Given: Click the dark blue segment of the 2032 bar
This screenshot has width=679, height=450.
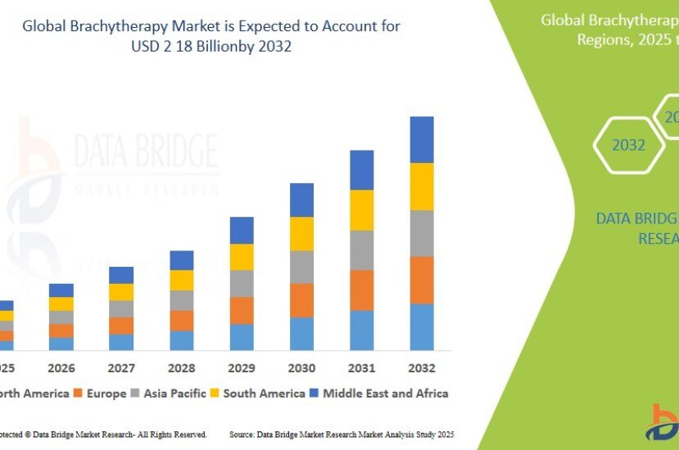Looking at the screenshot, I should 422,139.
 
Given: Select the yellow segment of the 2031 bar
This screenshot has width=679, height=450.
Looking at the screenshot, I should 362,209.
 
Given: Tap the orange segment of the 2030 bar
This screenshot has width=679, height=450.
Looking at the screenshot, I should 301,300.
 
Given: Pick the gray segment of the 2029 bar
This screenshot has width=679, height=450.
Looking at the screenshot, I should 242,283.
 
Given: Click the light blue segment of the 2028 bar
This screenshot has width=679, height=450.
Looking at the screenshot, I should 182,340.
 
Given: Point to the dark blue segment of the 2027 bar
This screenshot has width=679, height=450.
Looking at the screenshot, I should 121,275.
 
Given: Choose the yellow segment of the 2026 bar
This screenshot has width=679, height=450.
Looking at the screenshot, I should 61,304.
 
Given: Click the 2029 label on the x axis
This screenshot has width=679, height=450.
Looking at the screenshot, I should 242,368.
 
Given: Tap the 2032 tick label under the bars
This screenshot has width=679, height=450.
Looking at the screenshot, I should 422,368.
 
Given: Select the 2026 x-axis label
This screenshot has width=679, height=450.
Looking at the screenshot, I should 61,368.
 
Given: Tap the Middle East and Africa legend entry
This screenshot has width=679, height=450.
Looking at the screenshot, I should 379,394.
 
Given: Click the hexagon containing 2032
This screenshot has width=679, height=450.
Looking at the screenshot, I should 629,145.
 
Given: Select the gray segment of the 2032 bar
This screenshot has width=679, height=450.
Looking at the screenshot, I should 422,233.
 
